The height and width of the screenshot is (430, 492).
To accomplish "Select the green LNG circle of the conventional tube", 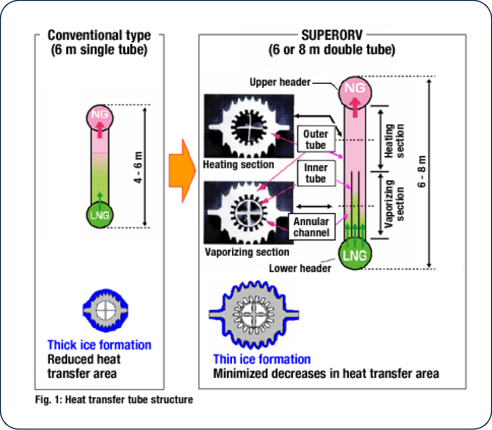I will pos(99,215).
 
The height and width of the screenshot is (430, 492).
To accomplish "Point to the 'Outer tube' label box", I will pos(315,139).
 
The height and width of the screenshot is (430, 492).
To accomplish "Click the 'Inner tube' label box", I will pos(316,173).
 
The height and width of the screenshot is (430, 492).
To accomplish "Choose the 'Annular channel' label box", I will pos(311,226).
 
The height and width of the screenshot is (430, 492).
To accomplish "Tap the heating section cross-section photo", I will pos(249,126).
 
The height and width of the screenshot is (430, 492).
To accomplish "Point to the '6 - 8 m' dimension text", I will pos(423,171).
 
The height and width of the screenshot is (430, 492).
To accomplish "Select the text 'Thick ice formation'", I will pos(99,345).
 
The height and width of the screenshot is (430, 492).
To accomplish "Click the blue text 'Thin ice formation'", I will pos(262,359).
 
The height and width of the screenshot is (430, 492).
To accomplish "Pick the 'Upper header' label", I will pos(280,82).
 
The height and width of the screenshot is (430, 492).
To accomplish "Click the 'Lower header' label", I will pos(300,269).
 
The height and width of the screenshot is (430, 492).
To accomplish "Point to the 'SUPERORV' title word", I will pos(332,36).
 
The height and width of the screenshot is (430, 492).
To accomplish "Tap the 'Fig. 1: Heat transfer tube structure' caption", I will pos(114,400).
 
